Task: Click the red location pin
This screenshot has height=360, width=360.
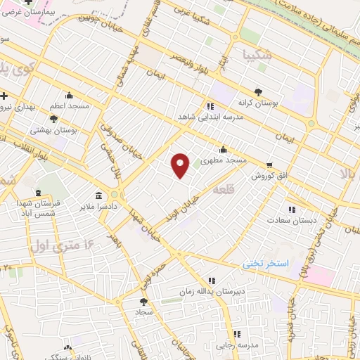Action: (x=181, y=165)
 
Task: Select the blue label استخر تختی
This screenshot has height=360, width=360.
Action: (x=266, y=264)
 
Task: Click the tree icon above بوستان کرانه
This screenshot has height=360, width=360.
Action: (x=258, y=91)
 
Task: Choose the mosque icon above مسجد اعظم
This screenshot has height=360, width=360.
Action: (x=69, y=96)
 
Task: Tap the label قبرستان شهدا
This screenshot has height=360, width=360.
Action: (x=42, y=202)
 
